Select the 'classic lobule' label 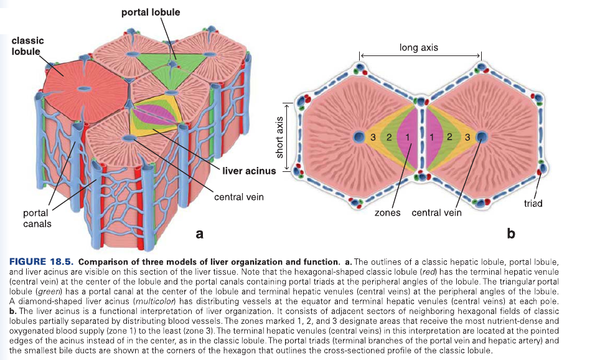tap(27, 45)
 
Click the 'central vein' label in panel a tap(238, 197)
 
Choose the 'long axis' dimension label tap(419, 47)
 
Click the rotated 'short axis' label tap(280, 137)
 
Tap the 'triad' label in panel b tap(533, 203)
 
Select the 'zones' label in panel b tap(389, 212)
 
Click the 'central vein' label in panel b tap(437, 212)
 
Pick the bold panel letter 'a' tap(199, 234)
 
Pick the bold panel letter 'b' tap(511, 234)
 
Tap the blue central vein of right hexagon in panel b tap(482, 136)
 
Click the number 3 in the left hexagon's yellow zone tap(372, 137)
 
